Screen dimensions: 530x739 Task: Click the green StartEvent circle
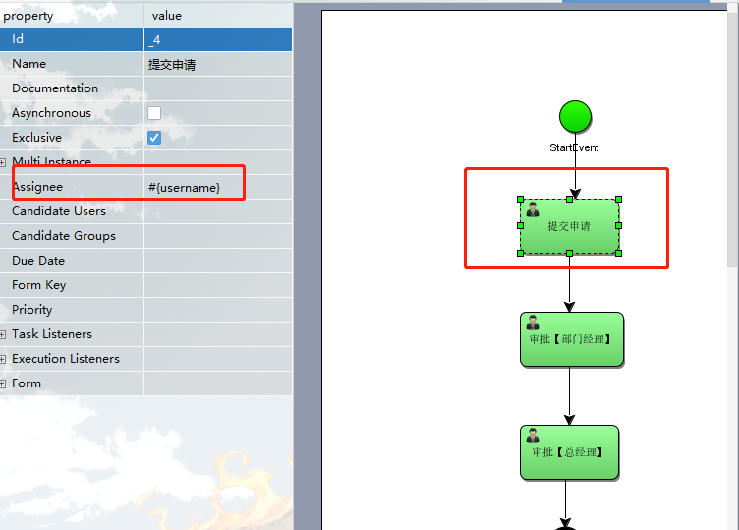[575, 117]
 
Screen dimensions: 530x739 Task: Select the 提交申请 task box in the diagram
[569, 226]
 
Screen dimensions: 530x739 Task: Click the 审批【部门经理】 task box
[571, 339]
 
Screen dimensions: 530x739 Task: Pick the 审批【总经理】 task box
[569, 452]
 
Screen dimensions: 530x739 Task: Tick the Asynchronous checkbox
[154, 113]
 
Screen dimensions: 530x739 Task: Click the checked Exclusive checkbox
[154, 138]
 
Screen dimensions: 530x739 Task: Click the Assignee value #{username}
[184, 187]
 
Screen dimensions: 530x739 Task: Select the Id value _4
[154, 39]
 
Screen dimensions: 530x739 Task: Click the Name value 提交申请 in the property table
[171, 64]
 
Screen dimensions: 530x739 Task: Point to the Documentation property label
[55, 88]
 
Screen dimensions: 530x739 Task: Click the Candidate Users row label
[59, 211]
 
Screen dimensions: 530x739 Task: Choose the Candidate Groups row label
[64, 236]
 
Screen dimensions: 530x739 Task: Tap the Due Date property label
[38, 261]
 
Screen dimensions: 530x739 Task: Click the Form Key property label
[39, 285]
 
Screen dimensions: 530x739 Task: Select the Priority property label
[32, 310]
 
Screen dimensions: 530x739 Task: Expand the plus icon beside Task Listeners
[3, 335]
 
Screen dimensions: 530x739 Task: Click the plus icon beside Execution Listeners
[3, 360]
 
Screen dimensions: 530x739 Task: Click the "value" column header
[167, 16]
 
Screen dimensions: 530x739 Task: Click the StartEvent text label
[574, 147]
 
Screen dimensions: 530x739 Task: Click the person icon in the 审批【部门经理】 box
[533, 323]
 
